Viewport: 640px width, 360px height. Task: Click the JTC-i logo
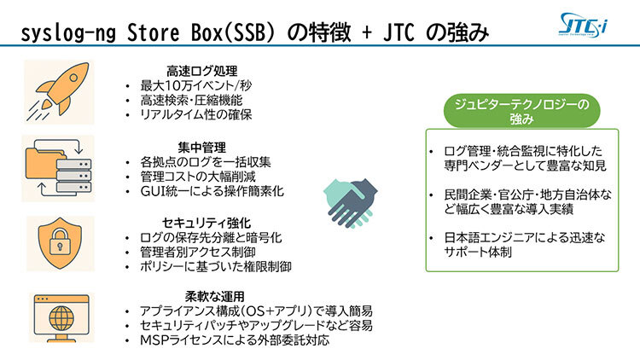583,26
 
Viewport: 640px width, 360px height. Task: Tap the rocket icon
58,92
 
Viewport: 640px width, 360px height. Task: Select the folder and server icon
58,168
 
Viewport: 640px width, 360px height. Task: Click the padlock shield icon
60,243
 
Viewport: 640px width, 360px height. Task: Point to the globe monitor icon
61,317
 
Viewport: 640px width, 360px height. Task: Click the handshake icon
350,202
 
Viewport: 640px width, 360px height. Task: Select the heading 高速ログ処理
201,71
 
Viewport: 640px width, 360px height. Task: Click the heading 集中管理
201,148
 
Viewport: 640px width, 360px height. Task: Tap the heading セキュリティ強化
207,223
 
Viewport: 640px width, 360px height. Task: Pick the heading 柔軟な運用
214,296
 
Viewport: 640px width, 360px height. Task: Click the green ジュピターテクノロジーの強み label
521,111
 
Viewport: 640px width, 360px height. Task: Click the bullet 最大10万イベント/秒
196,85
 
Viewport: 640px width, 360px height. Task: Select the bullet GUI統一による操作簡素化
212,191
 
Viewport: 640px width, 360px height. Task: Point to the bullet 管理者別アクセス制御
198,253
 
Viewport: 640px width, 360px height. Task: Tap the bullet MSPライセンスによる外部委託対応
235,340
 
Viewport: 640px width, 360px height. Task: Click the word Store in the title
153,32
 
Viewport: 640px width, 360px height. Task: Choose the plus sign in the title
367,33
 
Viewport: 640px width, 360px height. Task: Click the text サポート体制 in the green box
478,252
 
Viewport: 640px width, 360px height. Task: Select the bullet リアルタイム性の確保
196,114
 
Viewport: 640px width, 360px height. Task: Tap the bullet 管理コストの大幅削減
198,177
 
